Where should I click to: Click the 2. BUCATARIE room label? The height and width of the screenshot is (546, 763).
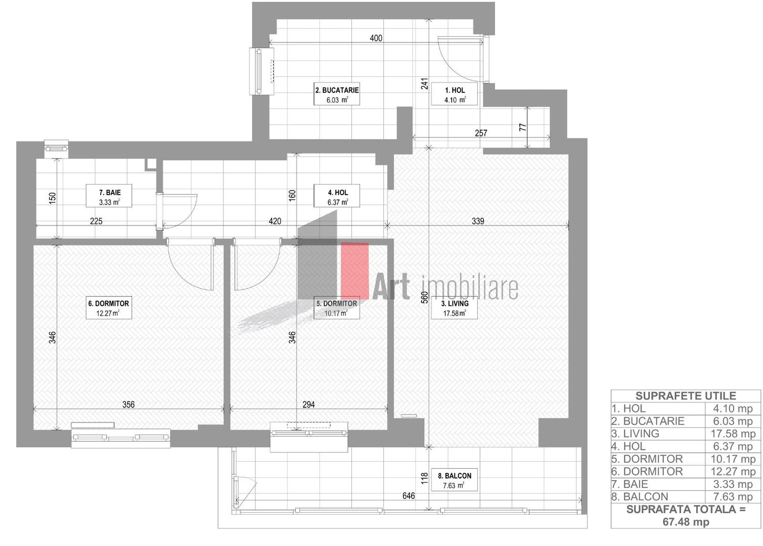[x=337, y=95]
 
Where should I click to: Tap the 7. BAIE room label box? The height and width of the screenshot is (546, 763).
[x=109, y=197]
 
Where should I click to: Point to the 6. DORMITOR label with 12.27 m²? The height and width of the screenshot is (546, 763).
[x=109, y=308]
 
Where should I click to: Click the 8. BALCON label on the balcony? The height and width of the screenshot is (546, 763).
[x=455, y=480]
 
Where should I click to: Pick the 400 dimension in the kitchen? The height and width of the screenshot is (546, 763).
[x=376, y=38]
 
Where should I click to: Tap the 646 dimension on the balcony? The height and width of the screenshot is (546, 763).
[x=409, y=496]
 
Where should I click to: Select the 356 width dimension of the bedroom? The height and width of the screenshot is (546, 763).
[x=128, y=404]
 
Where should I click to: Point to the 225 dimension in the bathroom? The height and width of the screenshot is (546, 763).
[x=96, y=221]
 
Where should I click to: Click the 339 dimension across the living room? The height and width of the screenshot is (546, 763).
[x=478, y=221]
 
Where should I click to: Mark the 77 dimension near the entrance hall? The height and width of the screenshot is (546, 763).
[x=523, y=127]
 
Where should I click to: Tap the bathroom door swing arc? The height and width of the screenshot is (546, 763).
[x=179, y=211]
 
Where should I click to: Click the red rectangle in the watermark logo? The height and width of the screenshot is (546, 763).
[x=354, y=270]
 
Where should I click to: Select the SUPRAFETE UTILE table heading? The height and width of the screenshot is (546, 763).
[x=685, y=396]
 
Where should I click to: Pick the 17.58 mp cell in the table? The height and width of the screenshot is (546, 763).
[x=733, y=434]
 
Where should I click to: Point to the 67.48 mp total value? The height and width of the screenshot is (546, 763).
[x=685, y=522]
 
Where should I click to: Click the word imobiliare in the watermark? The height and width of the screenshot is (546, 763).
[x=469, y=287]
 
